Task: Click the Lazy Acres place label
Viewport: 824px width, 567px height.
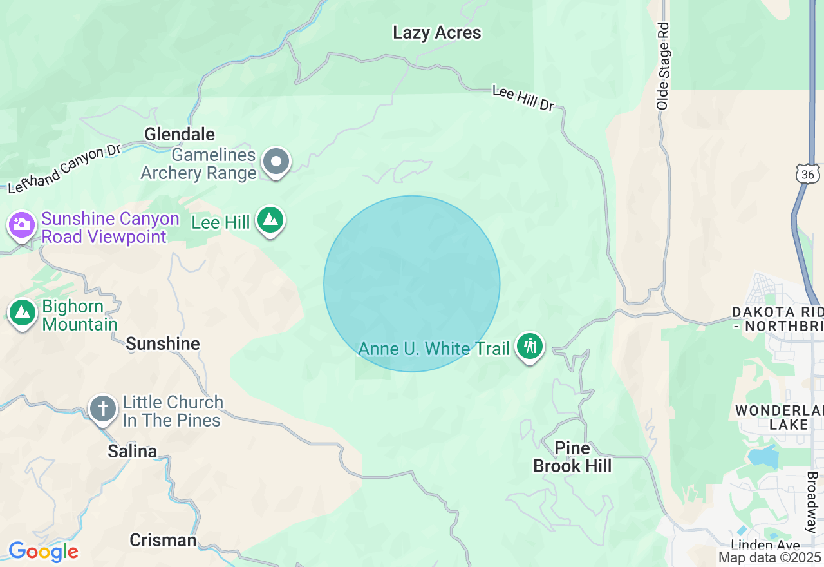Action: coord(436,33)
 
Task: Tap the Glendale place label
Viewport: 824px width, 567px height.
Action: coord(180,134)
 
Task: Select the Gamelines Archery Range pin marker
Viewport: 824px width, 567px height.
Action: coord(277,162)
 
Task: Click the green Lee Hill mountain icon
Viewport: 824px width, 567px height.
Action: coord(270,220)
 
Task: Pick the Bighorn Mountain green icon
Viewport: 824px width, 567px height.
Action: coord(23,313)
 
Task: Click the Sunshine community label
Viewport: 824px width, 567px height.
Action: coord(163,343)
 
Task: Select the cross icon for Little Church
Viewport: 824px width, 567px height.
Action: coord(103,409)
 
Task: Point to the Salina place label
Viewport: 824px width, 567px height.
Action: coord(132,451)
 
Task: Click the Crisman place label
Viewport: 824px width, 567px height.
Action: coord(163,540)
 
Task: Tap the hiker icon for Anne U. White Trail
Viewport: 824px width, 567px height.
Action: coord(530,347)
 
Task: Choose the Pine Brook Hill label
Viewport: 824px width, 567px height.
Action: coord(572,457)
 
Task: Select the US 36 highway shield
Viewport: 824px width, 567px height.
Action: coord(807,173)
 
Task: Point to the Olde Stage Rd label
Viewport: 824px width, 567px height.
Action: coord(663,66)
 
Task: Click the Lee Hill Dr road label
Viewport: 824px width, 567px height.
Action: coord(523,99)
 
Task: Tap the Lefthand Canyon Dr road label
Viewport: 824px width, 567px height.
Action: coord(64,169)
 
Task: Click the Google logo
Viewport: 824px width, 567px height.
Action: coord(43,552)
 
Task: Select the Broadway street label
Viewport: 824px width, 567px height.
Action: coord(812,503)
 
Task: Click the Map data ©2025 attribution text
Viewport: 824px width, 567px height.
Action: coord(769,557)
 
